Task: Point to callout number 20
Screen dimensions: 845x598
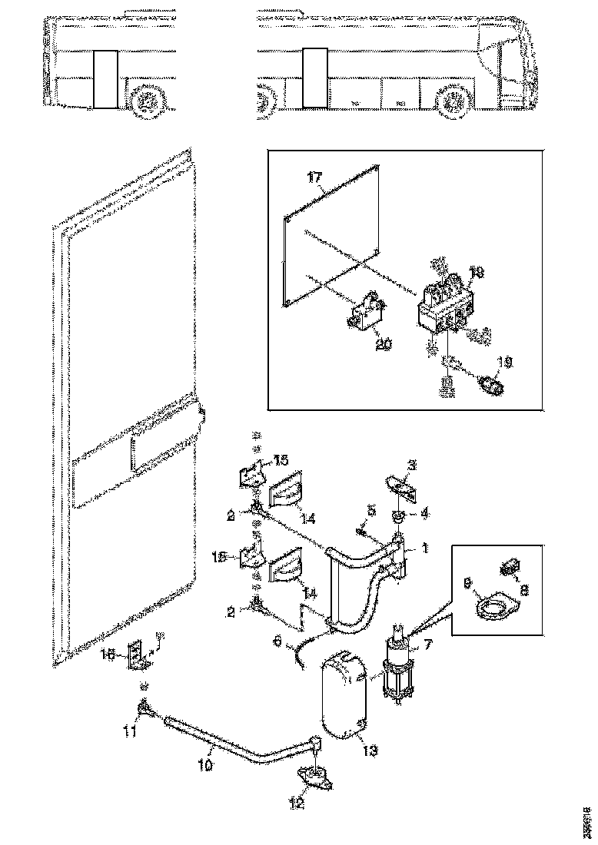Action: [384, 345]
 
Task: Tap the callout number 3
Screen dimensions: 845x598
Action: [411, 466]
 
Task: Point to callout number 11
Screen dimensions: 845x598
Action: [131, 731]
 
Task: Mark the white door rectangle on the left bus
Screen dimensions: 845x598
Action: [104, 80]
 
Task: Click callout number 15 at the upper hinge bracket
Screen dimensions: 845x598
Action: [280, 460]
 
